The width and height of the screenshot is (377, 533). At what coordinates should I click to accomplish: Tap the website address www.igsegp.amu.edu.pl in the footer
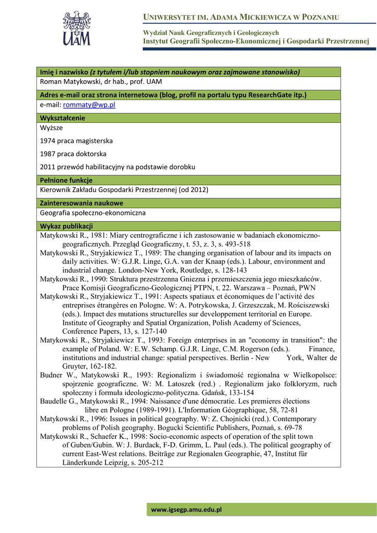click(186, 510)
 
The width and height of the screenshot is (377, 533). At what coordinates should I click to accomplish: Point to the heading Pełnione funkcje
click(66, 180)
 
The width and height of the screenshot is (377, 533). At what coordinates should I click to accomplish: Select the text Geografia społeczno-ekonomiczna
click(93, 213)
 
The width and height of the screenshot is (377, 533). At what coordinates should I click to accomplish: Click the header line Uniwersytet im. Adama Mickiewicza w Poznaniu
click(241, 18)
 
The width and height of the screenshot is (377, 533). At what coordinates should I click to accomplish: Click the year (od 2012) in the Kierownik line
click(193, 190)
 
